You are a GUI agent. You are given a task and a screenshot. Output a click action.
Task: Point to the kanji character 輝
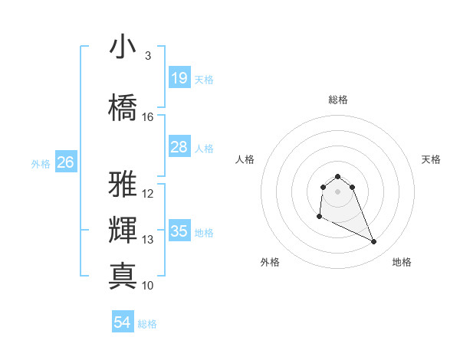point(123,230)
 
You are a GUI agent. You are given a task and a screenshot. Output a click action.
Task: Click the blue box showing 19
point(179,78)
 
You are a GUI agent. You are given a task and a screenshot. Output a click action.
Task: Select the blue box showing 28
point(179,147)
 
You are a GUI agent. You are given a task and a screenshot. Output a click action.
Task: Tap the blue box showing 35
point(179,231)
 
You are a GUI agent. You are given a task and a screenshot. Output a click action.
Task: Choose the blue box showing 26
point(66,162)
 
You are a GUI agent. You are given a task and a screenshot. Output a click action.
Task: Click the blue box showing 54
point(123,322)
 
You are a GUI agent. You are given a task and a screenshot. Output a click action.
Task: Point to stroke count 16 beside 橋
point(148,117)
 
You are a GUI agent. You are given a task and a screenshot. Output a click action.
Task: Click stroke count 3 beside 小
point(148,56)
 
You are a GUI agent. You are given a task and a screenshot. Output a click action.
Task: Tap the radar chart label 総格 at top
point(338,100)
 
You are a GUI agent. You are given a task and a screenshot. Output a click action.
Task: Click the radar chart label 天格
point(431,159)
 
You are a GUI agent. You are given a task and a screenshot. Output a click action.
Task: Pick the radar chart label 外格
point(270,262)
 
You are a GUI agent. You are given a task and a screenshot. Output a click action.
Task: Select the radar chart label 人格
point(245,159)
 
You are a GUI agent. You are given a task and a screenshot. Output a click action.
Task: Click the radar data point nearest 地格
point(374,242)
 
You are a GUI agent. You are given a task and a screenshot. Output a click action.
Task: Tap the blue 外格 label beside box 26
point(41,163)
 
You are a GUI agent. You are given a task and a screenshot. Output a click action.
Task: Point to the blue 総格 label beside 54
point(147,324)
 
